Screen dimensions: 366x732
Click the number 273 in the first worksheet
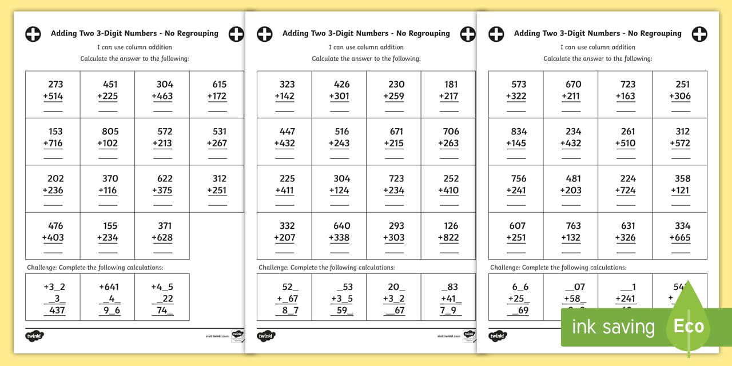click(55, 84)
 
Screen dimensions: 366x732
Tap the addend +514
click(53, 96)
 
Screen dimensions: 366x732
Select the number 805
click(110, 132)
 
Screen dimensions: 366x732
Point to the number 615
click(220, 84)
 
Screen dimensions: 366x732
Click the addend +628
click(162, 237)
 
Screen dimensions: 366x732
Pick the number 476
click(55, 226)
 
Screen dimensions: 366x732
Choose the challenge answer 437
click(56, 311)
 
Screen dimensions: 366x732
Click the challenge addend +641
click(109, 287)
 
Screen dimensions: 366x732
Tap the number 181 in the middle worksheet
click(451, 84)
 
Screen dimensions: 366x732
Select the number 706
click(451, 132)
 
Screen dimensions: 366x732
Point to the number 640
click(342, 226)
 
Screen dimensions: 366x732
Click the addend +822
click(448, 237)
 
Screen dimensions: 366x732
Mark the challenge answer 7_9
click(449, 311)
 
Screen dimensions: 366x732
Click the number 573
click(519, 84)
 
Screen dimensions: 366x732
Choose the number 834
click(519, 132)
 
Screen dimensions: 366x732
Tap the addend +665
click(680, 237)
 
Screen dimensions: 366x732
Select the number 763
click(574, 226)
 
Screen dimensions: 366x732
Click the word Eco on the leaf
click(689, 326)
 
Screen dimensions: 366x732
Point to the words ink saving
click(613, 327)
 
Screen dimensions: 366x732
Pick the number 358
click(683, 178)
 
